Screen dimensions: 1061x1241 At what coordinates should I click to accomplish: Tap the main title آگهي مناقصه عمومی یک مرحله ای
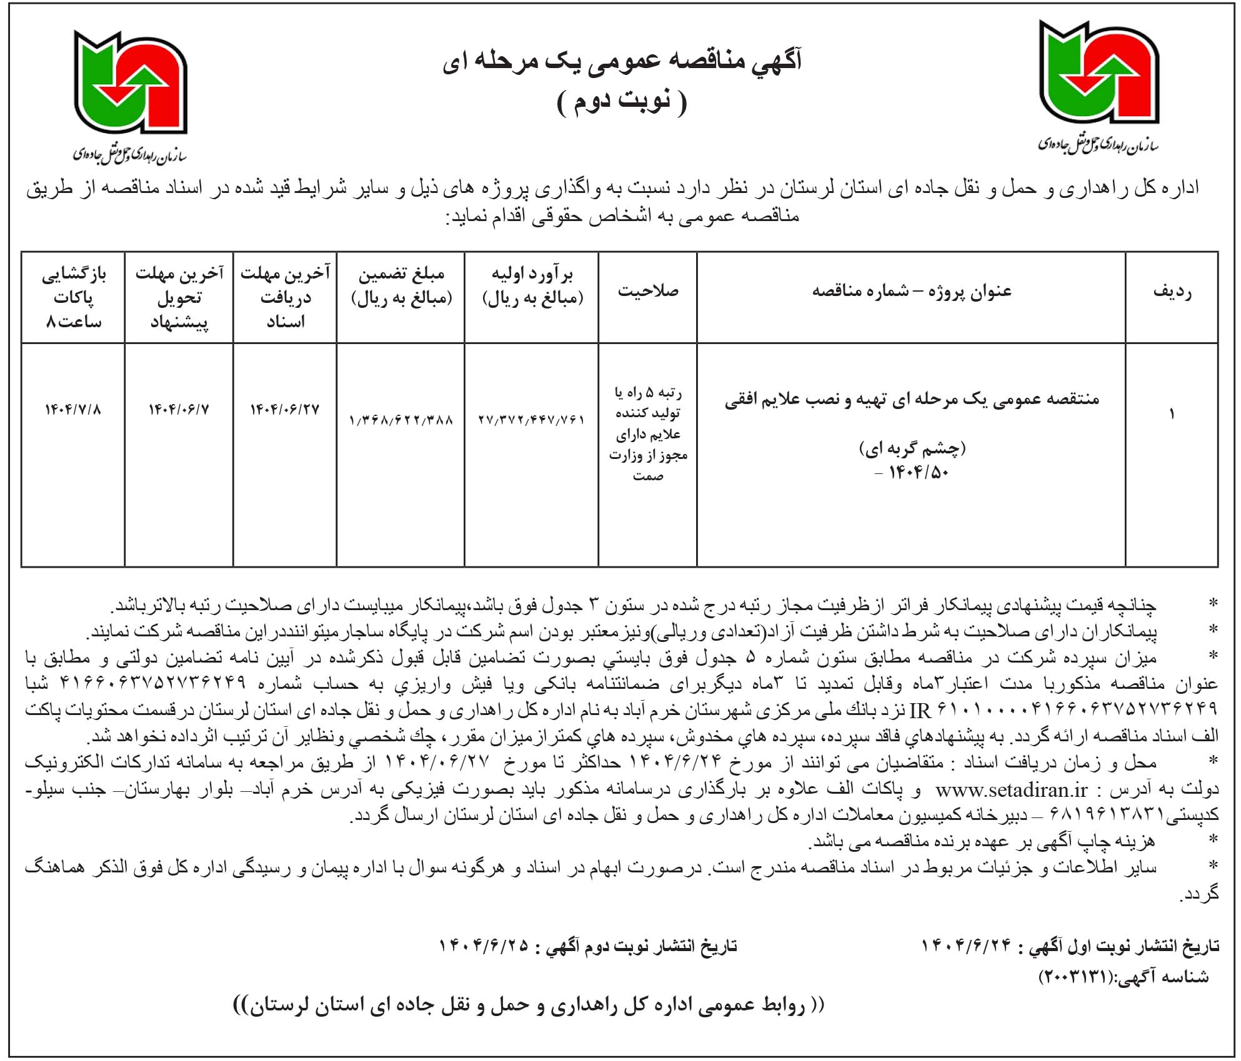(x=621, y=61)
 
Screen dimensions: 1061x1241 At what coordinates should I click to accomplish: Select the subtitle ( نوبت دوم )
(x=621, y=102)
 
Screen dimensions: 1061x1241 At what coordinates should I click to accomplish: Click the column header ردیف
(x=1172, y=292)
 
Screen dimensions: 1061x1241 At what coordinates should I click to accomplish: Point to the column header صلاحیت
(x=648, y=291)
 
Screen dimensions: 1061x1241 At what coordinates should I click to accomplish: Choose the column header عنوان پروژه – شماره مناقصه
(x=911, y=291)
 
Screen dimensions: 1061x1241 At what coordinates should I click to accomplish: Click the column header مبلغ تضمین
(x=401, y=286)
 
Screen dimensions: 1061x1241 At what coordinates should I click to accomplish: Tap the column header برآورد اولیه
(x=532, y=286)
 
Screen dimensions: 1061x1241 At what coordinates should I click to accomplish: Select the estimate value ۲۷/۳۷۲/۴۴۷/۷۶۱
(x=531, y=420)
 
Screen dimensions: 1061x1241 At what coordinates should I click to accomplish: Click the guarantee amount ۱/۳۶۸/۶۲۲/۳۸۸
(x=401, y=420)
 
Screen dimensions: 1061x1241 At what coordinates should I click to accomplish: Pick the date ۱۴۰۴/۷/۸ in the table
(x=72, y=410)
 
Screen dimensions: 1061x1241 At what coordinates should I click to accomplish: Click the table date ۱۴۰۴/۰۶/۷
(x=179, y=410)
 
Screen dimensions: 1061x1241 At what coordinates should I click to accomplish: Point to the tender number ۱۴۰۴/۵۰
(x=918, y=473)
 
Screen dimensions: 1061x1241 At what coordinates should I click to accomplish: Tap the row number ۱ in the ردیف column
(x=1172, y=413)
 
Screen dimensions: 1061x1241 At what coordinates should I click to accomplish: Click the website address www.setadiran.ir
(x=1012, y=790)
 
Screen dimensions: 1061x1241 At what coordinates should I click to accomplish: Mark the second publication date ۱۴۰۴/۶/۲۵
(x=484, y=946)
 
